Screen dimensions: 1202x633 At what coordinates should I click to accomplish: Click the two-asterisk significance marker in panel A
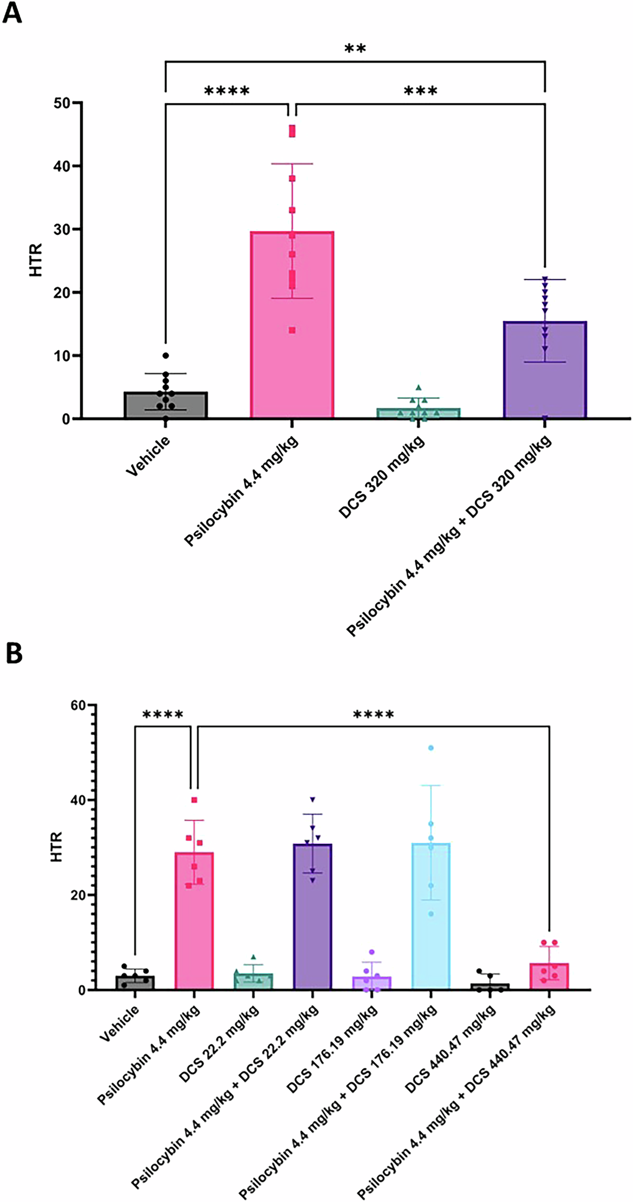point(355,49)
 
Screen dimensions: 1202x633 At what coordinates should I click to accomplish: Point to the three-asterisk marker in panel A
point(420,91)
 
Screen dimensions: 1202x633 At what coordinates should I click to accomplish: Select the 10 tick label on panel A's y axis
point(62,356)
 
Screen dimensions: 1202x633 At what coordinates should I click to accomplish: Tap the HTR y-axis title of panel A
point(37,260)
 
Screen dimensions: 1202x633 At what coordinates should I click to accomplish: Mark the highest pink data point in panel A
point(292,130)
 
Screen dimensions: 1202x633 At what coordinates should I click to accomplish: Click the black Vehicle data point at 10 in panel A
point(165,355)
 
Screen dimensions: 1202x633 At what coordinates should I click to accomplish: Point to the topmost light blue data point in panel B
point(431,748)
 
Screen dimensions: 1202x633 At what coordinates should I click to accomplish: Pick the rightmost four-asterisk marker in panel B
point(373,714)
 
